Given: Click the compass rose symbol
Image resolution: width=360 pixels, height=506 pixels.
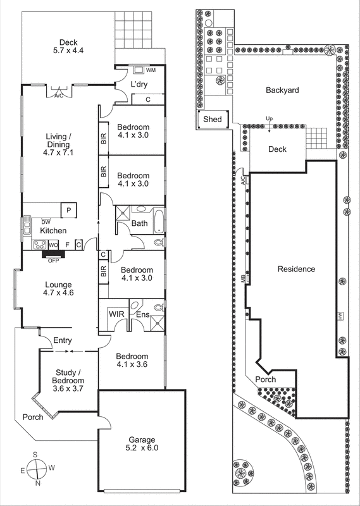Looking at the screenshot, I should [x=39, y=469].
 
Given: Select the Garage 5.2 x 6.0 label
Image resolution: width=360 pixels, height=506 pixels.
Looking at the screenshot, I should [x=140, y=443].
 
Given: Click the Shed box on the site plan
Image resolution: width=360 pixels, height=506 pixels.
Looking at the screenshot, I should [x=212, y=118].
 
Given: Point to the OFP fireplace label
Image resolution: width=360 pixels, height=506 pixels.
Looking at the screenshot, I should [x=53, y=259].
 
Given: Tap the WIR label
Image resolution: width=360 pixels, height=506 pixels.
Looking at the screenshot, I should [x=116, y=313].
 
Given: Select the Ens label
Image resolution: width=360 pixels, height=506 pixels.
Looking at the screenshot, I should [x=143, y=314].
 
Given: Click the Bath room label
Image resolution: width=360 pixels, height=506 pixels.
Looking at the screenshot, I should [x=140, y=223].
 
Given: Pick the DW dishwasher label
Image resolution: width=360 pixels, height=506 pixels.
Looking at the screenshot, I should [x=46, y=222].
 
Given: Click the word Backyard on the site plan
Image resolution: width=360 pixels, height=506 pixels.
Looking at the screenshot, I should [x=282, y=90].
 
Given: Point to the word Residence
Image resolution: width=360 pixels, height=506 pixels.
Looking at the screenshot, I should [x=296, y=269].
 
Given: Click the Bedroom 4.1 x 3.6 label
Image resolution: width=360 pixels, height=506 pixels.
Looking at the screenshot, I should [x=133, y=360].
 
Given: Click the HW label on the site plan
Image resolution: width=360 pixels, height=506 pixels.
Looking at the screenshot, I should [x=340, y=315].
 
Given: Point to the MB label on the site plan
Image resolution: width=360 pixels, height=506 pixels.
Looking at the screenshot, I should [x=243, y=277].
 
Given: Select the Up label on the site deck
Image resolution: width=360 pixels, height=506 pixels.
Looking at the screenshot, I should [x=269, y=119].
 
